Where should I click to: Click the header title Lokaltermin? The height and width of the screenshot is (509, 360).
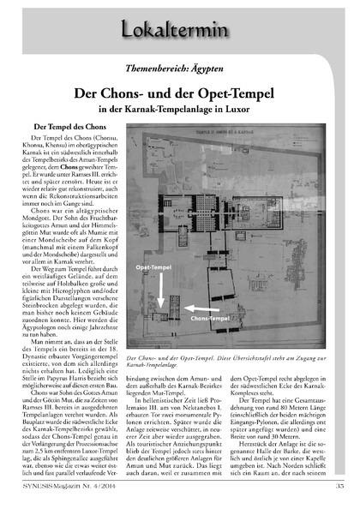(180, 29)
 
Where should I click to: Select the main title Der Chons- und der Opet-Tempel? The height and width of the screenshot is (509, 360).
(180, 93)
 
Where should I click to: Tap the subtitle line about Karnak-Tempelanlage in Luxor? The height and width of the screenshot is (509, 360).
(180, 109)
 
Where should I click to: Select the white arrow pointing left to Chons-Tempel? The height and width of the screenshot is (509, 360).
(199, 306)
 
